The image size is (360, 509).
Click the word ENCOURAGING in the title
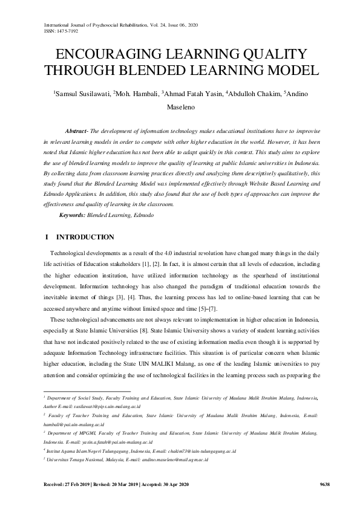click(x=106, y=54)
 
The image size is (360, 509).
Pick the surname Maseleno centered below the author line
click(x=180, y=111)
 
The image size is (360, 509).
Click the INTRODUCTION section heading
click(x=84, y=237)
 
